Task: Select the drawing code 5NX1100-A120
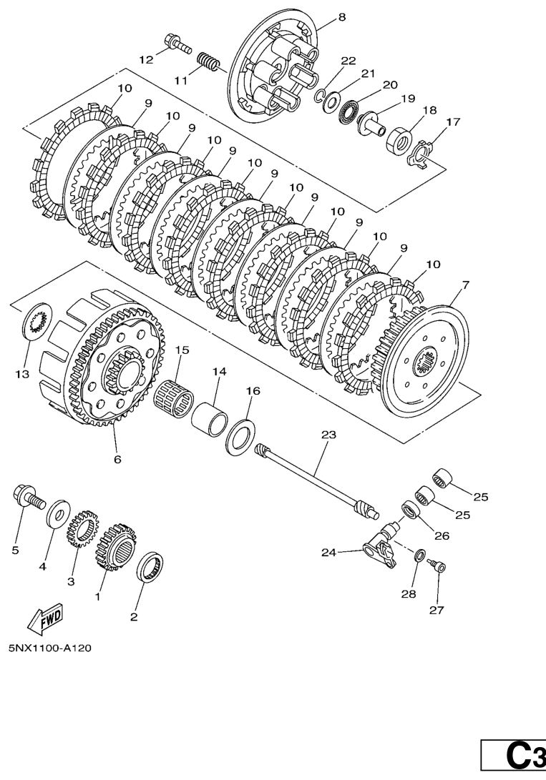click(x=50, y=648)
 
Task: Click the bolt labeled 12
click(x=177, y=44)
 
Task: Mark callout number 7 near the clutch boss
click(x=466, y=285)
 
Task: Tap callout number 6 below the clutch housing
click(x=117, y=460)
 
